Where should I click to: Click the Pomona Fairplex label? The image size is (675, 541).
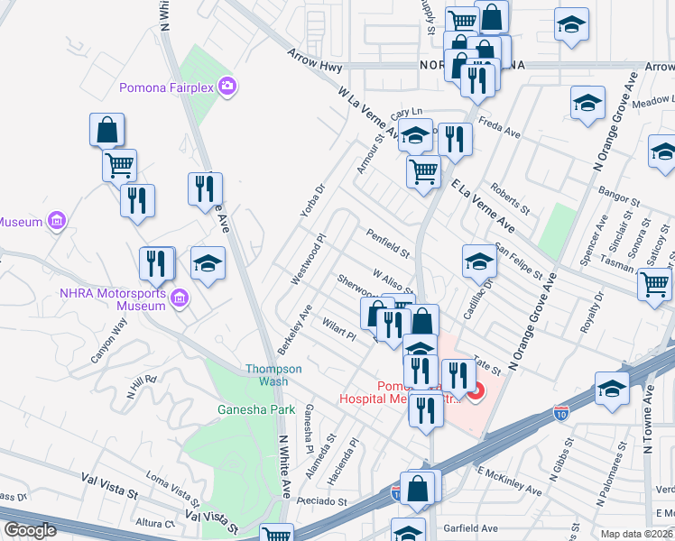point(169,87)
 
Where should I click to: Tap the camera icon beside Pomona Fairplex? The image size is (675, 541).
point(227,87)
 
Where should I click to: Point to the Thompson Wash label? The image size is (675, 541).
point(268,375)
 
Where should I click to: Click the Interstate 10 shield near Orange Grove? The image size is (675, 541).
point(560,413)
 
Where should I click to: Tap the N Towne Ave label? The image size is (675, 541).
point(647,428)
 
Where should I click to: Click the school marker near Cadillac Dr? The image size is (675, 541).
point(479,263)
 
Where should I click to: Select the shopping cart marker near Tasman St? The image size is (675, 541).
point(654,285)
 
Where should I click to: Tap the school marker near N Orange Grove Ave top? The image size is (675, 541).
point(587,105)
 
